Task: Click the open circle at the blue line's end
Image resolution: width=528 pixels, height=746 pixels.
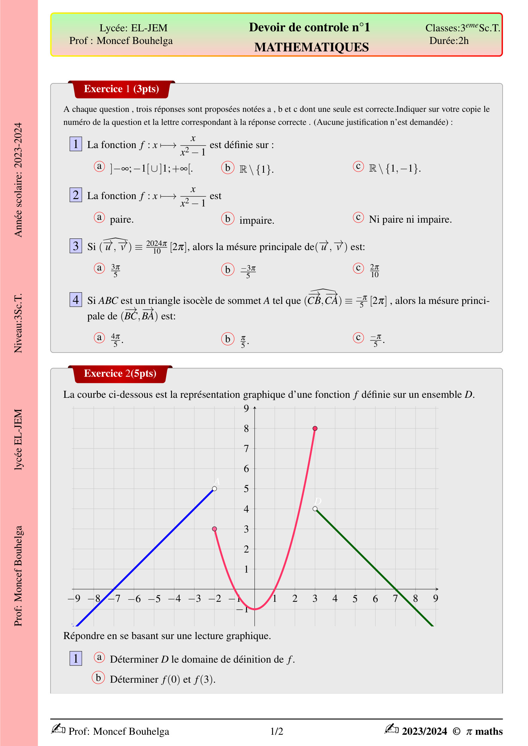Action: [x=214, y=489]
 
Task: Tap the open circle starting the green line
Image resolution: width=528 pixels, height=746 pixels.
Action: [x=315, y=509]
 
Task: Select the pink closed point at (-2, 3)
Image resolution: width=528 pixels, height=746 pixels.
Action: [x=214, y=529]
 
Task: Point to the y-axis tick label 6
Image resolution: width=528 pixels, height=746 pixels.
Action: [x=246, y=468]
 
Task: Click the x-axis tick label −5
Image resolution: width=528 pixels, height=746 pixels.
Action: [x=154, y=599]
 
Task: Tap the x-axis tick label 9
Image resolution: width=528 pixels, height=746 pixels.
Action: [x=435, y=598]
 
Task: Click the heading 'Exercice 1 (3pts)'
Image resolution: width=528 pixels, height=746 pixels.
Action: [x=121, y=89]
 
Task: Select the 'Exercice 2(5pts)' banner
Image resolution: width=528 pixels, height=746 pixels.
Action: [x=120, y=374]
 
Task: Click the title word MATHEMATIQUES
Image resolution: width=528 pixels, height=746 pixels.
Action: [x=312, y=47]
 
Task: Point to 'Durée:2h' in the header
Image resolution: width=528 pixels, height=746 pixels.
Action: [x=449, y=41]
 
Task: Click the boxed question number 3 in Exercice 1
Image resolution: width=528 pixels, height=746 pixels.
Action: [x=76, y=246]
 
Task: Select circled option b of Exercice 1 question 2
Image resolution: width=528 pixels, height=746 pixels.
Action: [x=228, y=219]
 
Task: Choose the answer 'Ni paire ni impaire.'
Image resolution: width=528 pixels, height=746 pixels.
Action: [x=410, y=219]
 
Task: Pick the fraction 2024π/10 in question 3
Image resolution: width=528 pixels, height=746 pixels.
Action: [x=157, y=247]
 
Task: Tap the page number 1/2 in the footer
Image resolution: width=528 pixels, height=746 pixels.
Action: [x=277, y=731]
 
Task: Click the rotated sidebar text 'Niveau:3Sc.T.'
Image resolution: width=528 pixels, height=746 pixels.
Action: [x=18, y=323]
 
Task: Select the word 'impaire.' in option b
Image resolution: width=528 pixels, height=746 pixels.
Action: [x=257, y=221]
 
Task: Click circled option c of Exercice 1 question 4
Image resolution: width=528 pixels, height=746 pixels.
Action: [x=358, y=338]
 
